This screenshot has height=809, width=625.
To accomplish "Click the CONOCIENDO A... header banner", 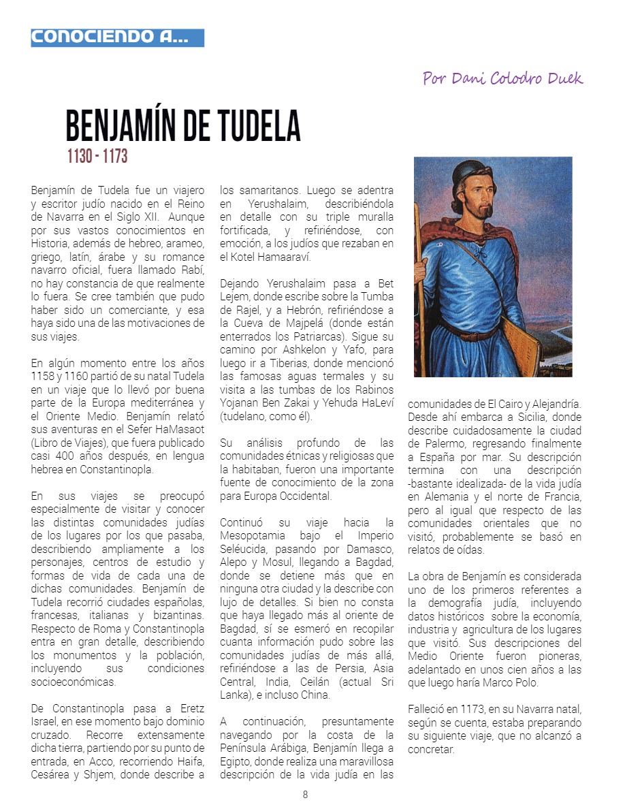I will (x=117, y=37).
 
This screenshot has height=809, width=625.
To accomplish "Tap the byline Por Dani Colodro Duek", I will (x=502, y=78).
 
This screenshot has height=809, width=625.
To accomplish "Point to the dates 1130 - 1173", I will (x=97, y=157).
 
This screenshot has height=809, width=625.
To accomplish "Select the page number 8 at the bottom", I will (x=306, y=795).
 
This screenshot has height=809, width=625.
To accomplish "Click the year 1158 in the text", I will (x=46, y=376).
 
